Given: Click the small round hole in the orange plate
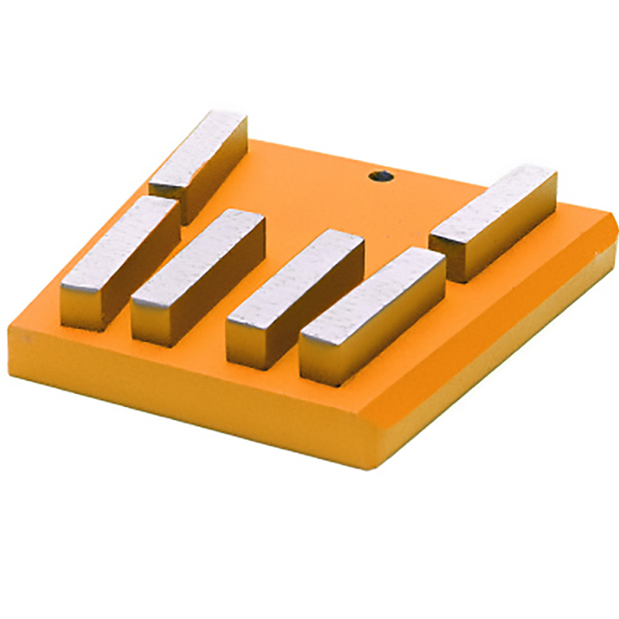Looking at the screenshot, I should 380,176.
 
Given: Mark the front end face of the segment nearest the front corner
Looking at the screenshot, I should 319,359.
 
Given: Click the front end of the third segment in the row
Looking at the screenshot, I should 246,340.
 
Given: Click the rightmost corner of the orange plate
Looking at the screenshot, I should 615,232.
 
